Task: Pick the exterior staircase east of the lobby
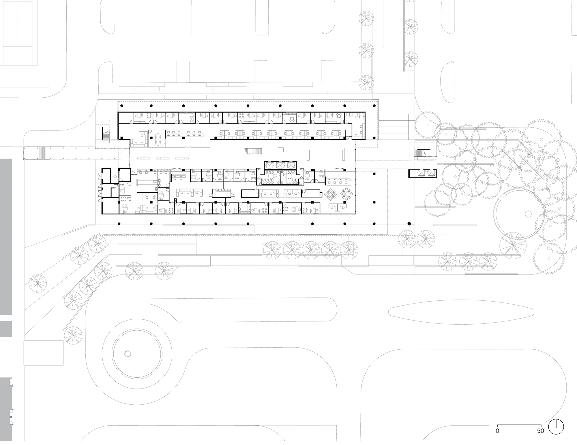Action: [x=420, y=153]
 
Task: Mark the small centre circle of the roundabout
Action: [x=127, y=354]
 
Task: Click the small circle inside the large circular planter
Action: [x=528, y=214]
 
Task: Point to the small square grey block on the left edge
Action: [x=6, y=329]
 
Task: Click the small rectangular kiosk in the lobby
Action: [x=280, y=149]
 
